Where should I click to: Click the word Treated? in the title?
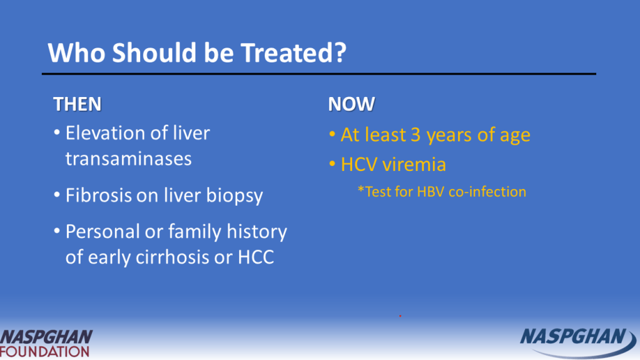pyautogui.click(x=293, y=53)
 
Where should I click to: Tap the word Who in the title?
pyautogui.click(x=77, y=53)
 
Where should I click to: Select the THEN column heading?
pyautogui.click(x=77, y=104)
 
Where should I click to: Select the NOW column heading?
pyautogui.click(x=352, y=104)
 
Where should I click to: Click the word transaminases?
pyautogui.click(x=129, y=158)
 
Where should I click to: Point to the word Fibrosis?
pyautogui.click(x=98, y=195)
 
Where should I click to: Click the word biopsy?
pyautogui.click(x=234, y=196)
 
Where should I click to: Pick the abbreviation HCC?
pyautogui.click(x=256, y=257)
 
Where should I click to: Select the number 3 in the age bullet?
pyautogui.click(x=415, y=135)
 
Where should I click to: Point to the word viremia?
pyautogui.click(x=414, y=165)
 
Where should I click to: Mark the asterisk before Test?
pyautogui.click(x=361, y=189)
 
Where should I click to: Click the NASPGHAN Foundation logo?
pyautogui.click(x=46, y=343)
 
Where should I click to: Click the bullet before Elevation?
pyautogui.click(x=57, y=133)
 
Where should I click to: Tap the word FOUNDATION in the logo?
pyautogui.click(x=44, y=351)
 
